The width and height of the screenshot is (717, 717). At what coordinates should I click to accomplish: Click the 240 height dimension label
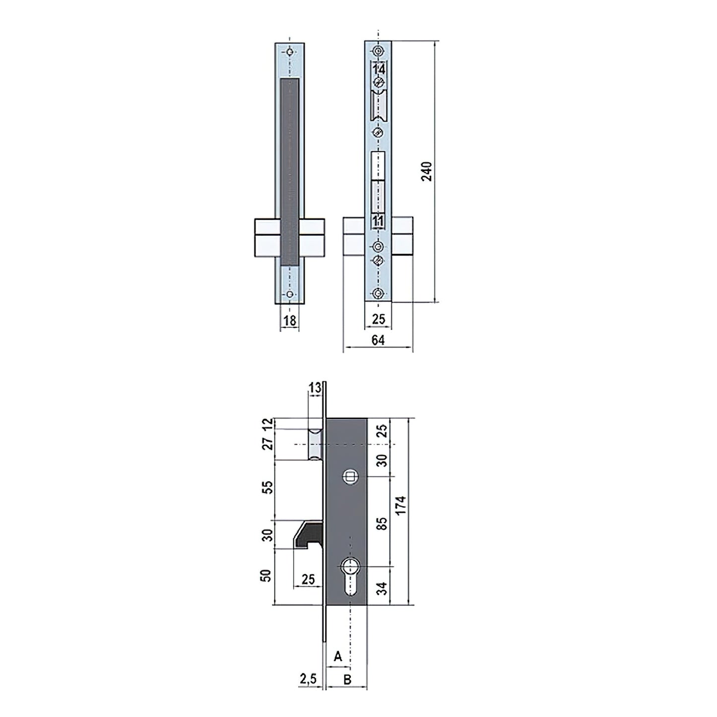427,171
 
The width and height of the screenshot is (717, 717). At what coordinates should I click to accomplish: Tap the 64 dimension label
378,340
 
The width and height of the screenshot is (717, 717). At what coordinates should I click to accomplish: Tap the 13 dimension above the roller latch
315,389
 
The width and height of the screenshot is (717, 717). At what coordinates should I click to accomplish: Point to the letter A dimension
338,656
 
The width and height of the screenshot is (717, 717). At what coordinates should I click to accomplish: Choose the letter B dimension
347,679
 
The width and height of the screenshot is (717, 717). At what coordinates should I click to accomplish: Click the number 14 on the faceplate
379,69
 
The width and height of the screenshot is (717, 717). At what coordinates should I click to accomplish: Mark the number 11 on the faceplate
379,221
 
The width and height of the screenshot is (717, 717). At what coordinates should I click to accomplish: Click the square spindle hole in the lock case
349,477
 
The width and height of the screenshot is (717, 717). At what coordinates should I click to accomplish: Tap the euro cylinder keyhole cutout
350,573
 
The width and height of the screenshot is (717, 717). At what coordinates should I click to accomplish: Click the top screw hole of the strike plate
290,52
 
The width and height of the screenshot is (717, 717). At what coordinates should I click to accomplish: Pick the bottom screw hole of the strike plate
290,294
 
